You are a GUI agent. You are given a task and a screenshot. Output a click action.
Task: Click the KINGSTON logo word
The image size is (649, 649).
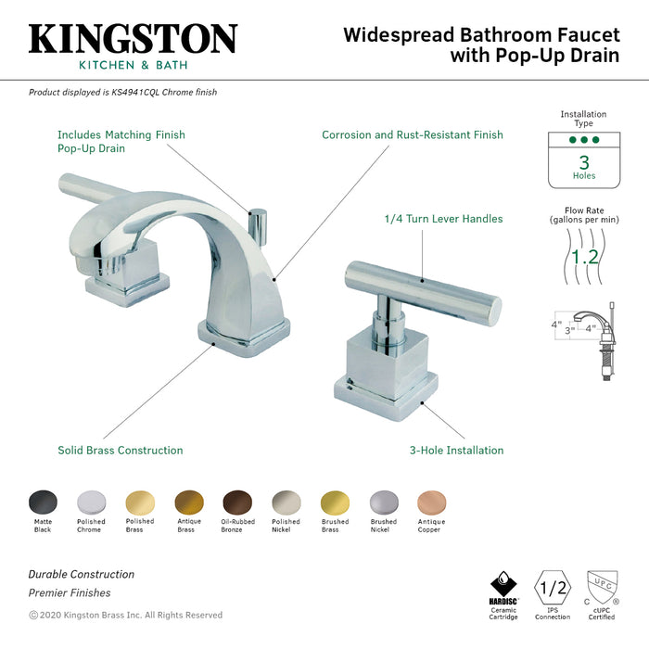pos(133,39)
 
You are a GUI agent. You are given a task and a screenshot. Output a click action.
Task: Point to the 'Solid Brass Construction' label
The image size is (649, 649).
pos(121,451)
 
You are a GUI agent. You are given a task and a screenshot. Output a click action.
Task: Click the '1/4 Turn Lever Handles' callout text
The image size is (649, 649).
pos(443,219)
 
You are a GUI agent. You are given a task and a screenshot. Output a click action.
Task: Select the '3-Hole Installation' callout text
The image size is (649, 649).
pos(457,451)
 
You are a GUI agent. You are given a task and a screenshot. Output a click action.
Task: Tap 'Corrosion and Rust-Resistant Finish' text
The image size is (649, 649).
pos(413,135)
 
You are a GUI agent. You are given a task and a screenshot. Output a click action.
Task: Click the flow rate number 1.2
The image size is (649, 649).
pos(584,255)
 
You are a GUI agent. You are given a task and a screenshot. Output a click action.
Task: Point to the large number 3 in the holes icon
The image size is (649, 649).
pos(584,161)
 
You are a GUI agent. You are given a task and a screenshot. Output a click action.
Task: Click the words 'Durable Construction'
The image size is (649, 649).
pos(82,575)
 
